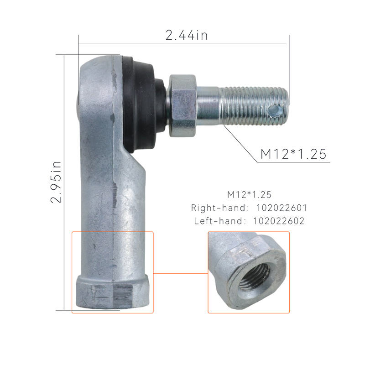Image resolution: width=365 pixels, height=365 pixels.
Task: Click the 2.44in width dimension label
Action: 187,36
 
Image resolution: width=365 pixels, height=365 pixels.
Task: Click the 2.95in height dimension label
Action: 56,182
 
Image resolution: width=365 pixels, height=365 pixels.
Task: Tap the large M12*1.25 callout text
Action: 293,154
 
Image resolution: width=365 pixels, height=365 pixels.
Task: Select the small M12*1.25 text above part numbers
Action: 249,195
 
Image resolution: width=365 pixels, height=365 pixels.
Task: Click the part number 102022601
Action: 282,208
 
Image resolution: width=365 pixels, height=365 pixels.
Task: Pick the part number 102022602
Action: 279,221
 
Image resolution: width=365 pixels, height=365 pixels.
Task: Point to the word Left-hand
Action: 219,221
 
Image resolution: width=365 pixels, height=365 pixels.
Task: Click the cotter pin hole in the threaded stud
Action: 275,111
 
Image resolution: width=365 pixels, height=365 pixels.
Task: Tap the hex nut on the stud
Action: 182,106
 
